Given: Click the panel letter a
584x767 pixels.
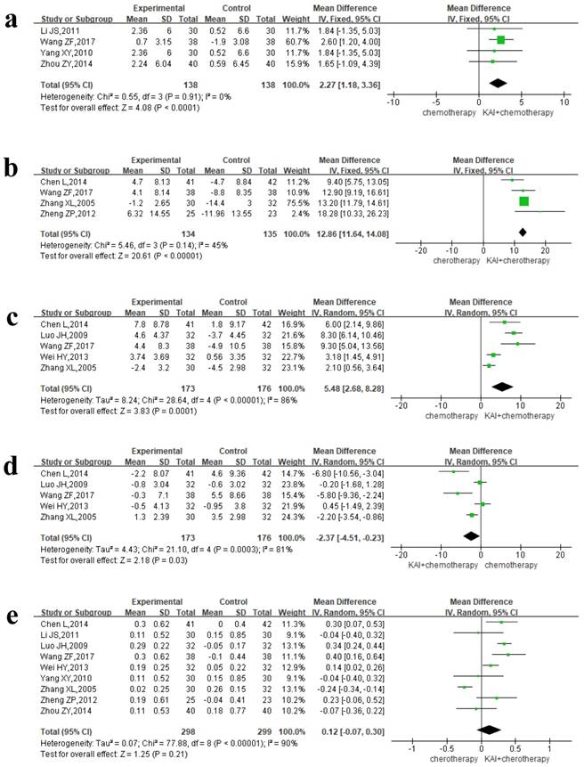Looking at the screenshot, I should tap(16, 18).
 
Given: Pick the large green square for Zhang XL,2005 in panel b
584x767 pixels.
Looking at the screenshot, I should tap(523, 201).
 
